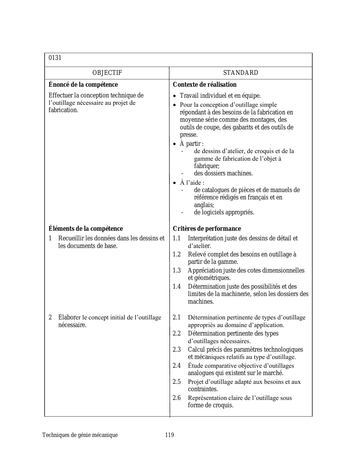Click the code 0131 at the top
click(55, 58)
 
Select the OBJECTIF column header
click(107, 73)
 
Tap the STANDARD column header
click(241, 73)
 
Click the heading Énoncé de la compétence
click(83, 85)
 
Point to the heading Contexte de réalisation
click(205, 85)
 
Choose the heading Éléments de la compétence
click(86, 228)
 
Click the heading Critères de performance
click(207, 228)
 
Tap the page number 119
click(169, 435)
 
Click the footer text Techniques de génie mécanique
click(80, 435)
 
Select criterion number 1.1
click(177, 238)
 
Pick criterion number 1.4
click(177, 287)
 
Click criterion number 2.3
click(177, 350)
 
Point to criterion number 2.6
click(177, 398)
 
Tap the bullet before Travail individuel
click(174, 96)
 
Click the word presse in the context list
click(189, 135)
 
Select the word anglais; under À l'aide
click(204, 205)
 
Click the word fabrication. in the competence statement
click(63, 110)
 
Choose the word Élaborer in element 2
click(69, 317)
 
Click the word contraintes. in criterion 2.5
click(203, 389)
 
